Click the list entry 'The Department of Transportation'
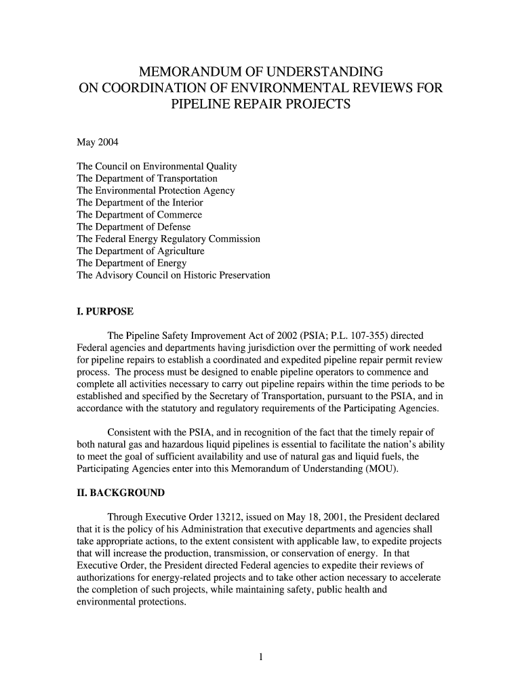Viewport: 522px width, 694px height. [147, 178]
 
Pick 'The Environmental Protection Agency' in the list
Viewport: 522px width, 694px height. [156, 190]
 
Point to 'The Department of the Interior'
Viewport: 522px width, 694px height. [140, 203]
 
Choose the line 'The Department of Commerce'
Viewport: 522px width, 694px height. [140, 215]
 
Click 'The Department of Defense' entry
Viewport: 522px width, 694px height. [134, 227]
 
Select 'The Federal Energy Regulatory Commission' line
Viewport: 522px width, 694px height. [169, 239]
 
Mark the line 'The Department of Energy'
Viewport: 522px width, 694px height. [132, 264]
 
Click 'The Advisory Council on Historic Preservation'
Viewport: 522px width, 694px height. [174, 276]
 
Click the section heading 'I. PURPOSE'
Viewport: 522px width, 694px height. [105, 312]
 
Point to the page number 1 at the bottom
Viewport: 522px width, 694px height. [260, 656]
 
